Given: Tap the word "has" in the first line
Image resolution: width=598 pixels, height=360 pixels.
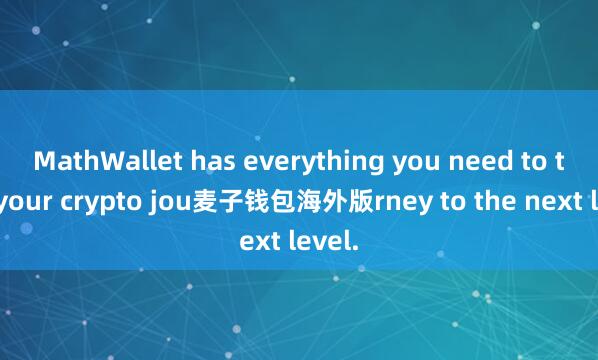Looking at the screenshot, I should click(192, 159).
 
